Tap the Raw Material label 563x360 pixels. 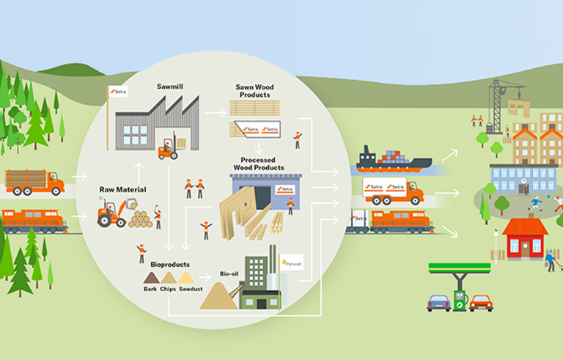click(x=122, y=189)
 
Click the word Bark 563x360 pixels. click(x=150, y=289)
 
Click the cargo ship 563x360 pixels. click(x=388, y=159)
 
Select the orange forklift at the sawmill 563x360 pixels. click(x=169, y=147)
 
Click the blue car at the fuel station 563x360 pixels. click(x=439, y=302)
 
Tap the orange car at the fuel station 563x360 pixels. click(x=481, y=302)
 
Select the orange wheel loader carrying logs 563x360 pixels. click(x=117, y=214)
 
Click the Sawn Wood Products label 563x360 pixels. click(x=254, y=90)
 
